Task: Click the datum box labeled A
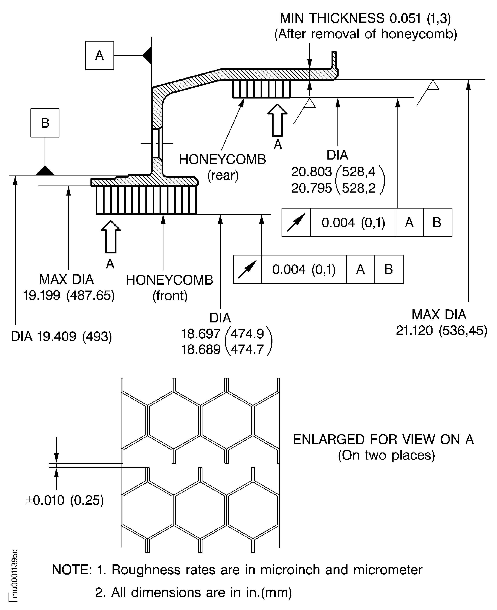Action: pyautogui.click(x=99, y=55)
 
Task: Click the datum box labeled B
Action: pyautogui.click(x=45, y=123)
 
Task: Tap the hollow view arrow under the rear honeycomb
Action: pyautogui.click(x=277, y=120)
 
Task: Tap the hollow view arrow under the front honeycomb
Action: pyautogui.click(x=111, y=237)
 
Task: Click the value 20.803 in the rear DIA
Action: pyautogui.click(x=311, y=172)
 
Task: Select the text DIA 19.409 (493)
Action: pyautogui.click(x=61, y=336)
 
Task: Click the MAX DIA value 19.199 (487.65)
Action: pyautogui.click(x=69, y=295)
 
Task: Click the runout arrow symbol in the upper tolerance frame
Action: pyautogui.click(x=296, y=222)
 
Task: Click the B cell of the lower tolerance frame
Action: pyautogui.click(x=389, y=269)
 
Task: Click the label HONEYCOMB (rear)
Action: pyautogui.click(x=222, y=167)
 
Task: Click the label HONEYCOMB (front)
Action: pyautogui.click(x=170, y=287)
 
